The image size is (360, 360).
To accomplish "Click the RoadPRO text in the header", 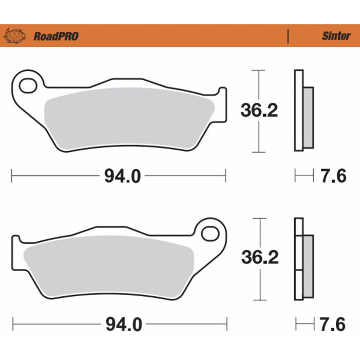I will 56,36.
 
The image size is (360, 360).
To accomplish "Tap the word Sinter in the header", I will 336,36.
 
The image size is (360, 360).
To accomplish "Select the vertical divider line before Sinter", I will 287,36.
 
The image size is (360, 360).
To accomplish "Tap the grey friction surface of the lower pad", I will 108,267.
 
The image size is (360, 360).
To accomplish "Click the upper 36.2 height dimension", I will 259,110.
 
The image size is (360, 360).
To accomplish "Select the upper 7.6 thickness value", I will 334,176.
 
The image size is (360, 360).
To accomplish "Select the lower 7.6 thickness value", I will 334,325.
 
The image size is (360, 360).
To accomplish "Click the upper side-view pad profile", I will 303,110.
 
